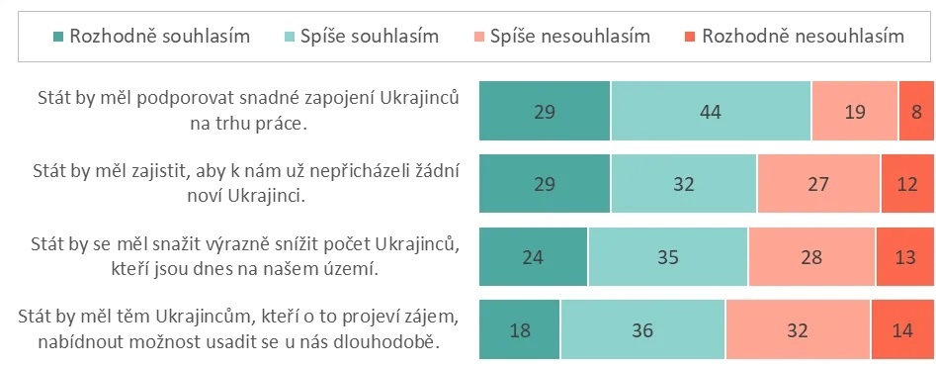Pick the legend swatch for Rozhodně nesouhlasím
(689, 37)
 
